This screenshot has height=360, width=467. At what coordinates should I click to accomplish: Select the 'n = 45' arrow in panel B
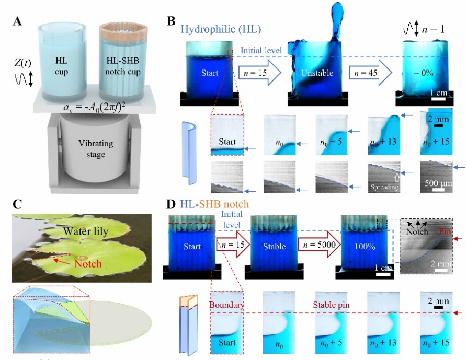pos(370,72)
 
